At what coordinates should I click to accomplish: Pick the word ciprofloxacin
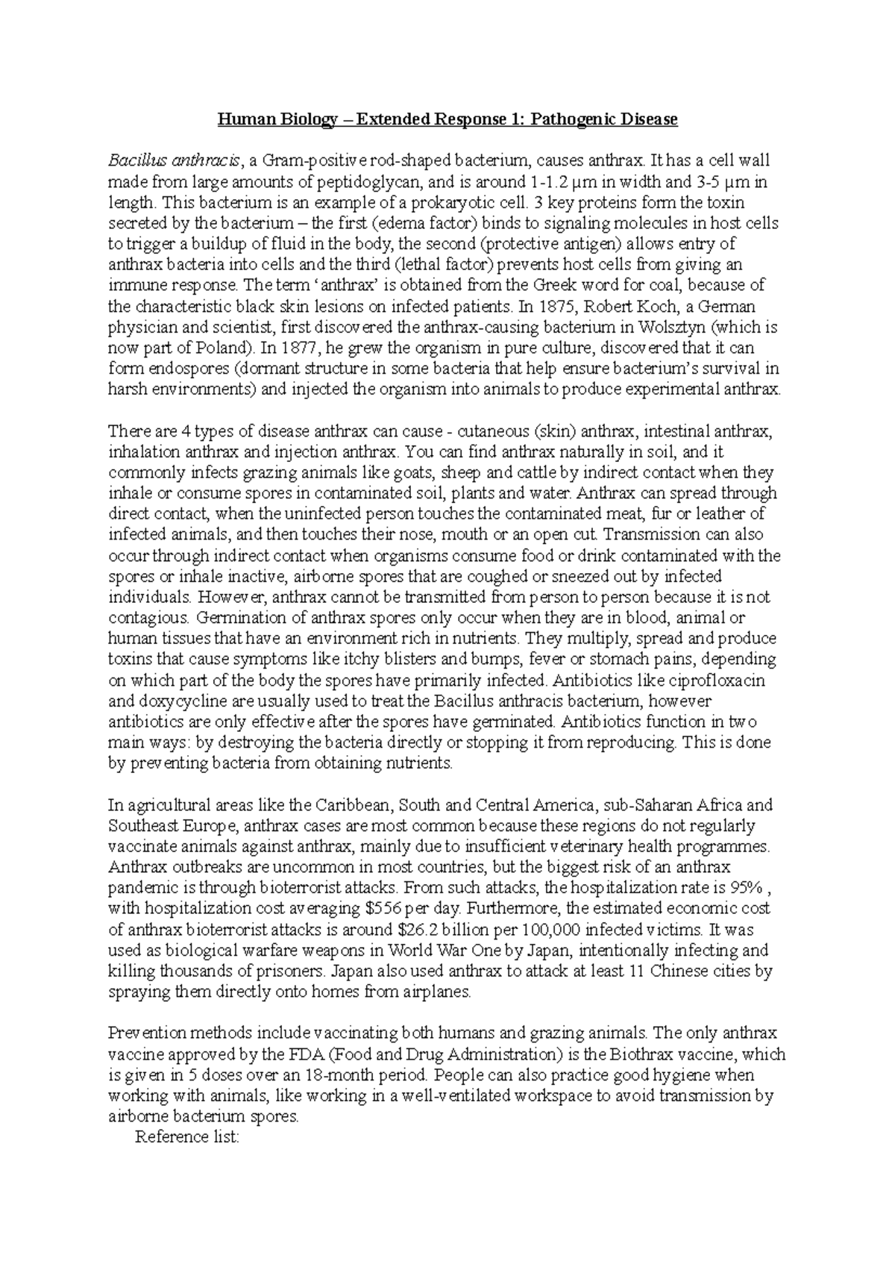coord(717,681)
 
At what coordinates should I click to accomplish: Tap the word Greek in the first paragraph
coord(532,285)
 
